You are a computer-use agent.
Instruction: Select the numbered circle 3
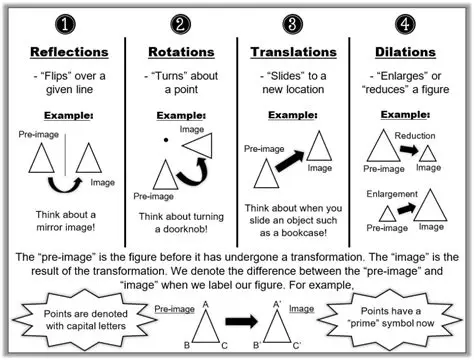coord(292,21)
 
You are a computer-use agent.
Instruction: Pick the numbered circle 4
coord(404,21)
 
